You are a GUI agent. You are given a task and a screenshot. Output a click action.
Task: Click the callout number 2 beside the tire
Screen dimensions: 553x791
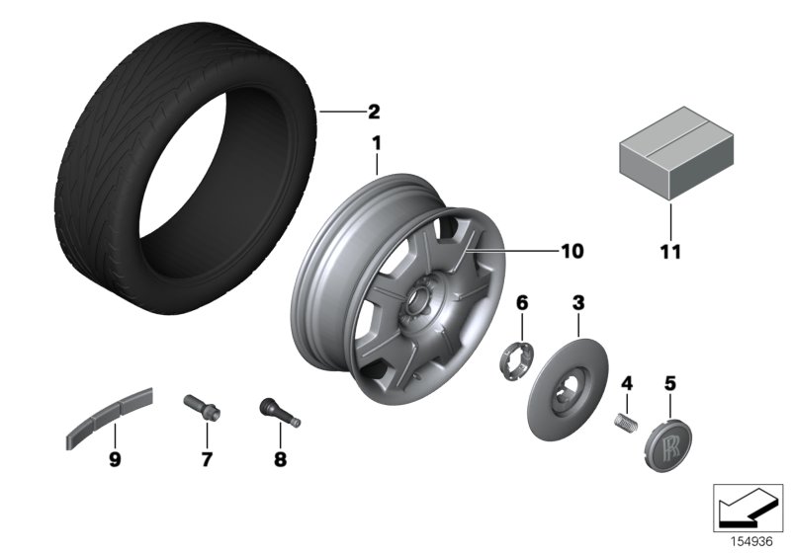(374, 112)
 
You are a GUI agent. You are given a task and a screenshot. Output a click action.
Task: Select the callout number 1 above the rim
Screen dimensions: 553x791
(376, 144)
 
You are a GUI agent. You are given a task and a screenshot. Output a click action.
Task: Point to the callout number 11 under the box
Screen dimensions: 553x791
(671, 252)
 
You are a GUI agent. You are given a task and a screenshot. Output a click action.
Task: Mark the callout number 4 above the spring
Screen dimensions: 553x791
(625, 382)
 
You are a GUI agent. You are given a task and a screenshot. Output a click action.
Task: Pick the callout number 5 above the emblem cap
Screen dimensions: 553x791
(669, 382)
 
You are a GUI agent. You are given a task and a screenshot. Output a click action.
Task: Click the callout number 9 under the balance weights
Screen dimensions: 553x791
(115, 459)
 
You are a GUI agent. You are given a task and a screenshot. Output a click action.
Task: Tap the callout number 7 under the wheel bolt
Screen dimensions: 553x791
(207, 459)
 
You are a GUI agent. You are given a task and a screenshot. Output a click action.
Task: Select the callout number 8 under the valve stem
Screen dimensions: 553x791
(279, 459)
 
